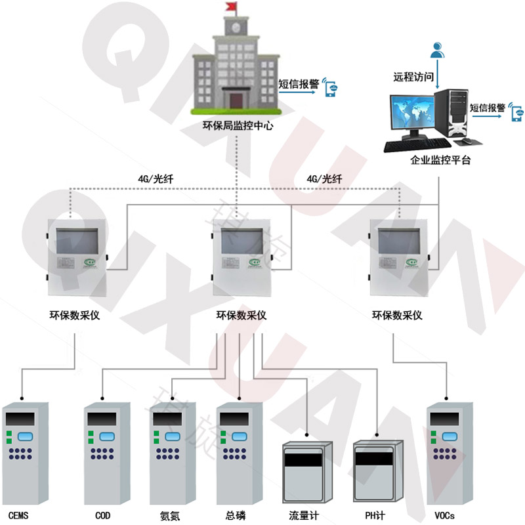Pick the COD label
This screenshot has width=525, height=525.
pyautogui.click(x=102, y=514)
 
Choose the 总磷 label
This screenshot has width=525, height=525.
pyautogui.click(x=235, y=514)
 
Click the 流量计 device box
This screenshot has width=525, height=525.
pyautogui.click(x=303, y=471)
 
